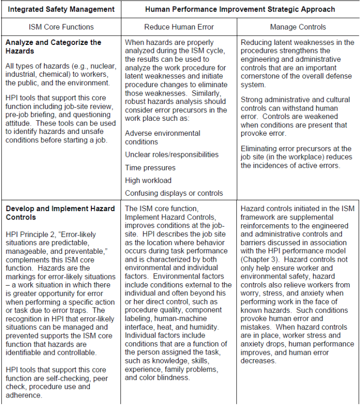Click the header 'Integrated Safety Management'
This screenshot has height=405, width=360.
click(61, 9)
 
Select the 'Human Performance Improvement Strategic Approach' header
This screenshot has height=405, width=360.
click(240, 9)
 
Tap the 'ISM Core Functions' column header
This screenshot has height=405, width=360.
click(61, 27)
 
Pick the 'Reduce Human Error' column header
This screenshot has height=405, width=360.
click(179, 27)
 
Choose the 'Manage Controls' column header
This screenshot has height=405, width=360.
click(298, 27)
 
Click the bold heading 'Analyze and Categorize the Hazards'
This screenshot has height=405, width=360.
click(53, 46)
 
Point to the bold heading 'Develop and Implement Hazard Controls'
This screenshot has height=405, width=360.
click(60, 213)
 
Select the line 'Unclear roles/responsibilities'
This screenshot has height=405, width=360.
click(172, 155)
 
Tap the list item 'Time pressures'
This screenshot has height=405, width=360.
click(150, 168)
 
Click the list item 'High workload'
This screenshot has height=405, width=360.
click(148, 180)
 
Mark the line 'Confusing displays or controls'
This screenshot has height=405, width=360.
click(174, 193)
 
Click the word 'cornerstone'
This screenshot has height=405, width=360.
click(260, 76)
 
